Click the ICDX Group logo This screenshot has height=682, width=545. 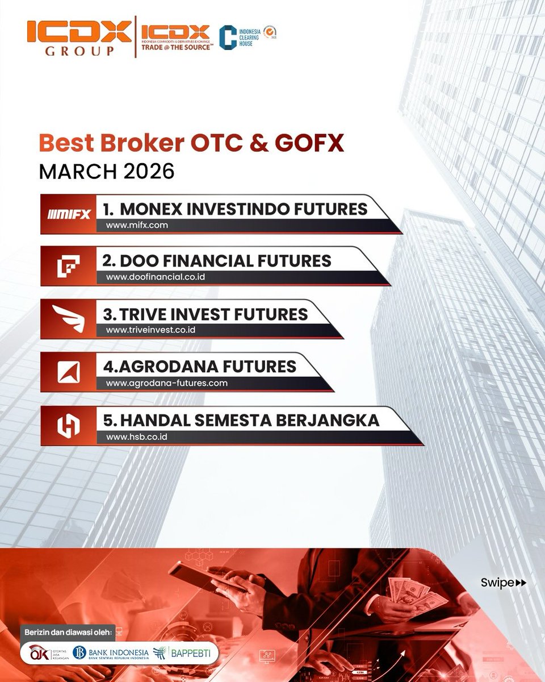[78, 38]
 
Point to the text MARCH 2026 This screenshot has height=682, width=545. [107, 171]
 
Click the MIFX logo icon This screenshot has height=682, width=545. [69, 214]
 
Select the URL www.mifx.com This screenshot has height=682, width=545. [137, 225]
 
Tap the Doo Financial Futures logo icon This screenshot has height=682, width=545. [69, 267]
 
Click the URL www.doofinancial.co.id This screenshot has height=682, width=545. [155, 277]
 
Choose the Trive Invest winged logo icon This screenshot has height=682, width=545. [69, 319]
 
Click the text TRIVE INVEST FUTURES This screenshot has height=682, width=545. [206, 314]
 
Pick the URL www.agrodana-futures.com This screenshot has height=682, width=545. [166, 383]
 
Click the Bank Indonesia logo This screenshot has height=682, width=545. [111, 653]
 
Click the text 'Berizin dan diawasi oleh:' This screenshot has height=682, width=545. [69, 632]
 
